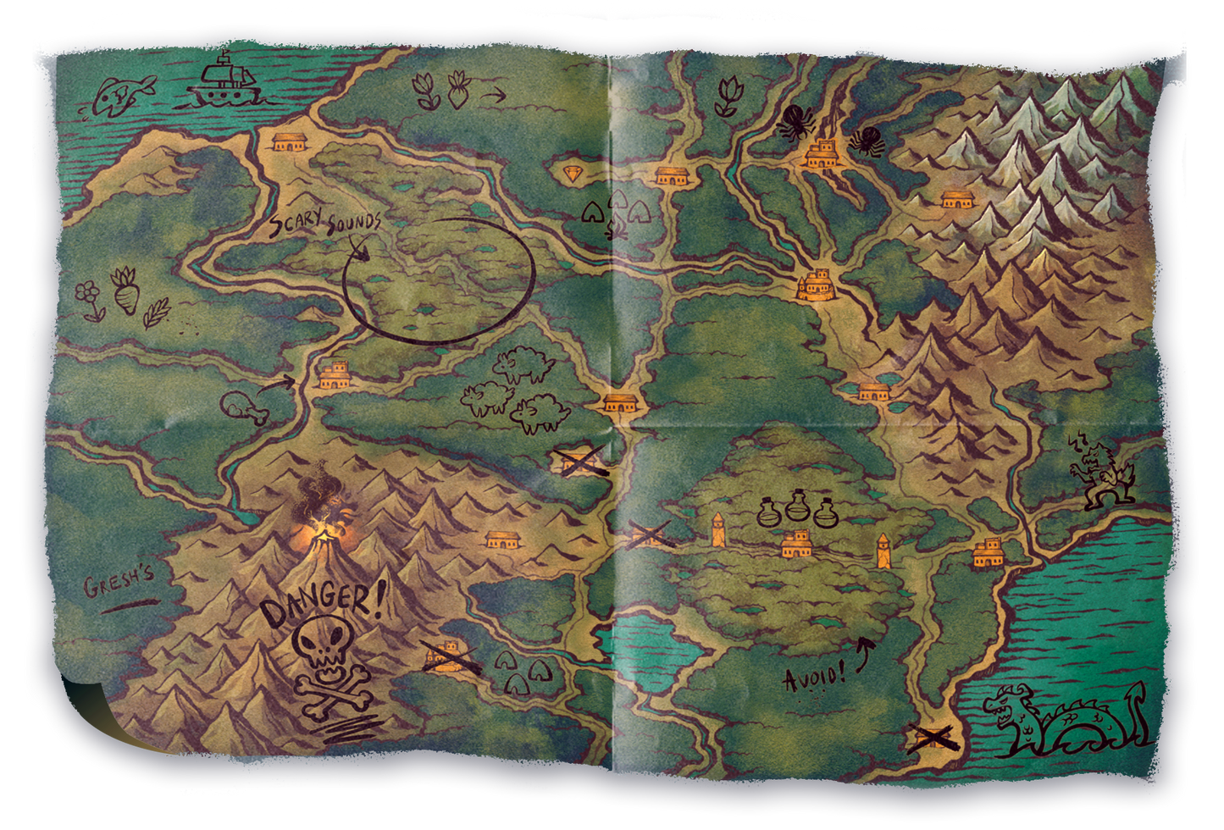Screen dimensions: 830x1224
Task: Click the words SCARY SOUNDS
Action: pyautogui.click(x=326, y=226)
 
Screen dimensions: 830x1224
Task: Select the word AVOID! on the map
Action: pyautogui.click(x=813, y=678)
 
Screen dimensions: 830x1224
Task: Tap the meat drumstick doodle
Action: pyautogui.click(x=245, y=408)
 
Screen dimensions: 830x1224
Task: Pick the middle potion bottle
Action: pyautogui.click(x=797, y=506)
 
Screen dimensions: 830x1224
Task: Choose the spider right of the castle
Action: pyautogui.click(x=866, y=141)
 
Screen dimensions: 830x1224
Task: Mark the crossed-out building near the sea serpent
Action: pyautogui.click(x=933, y=738)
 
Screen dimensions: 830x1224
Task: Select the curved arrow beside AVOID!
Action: pyautogui.click(x=864, y=654)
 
